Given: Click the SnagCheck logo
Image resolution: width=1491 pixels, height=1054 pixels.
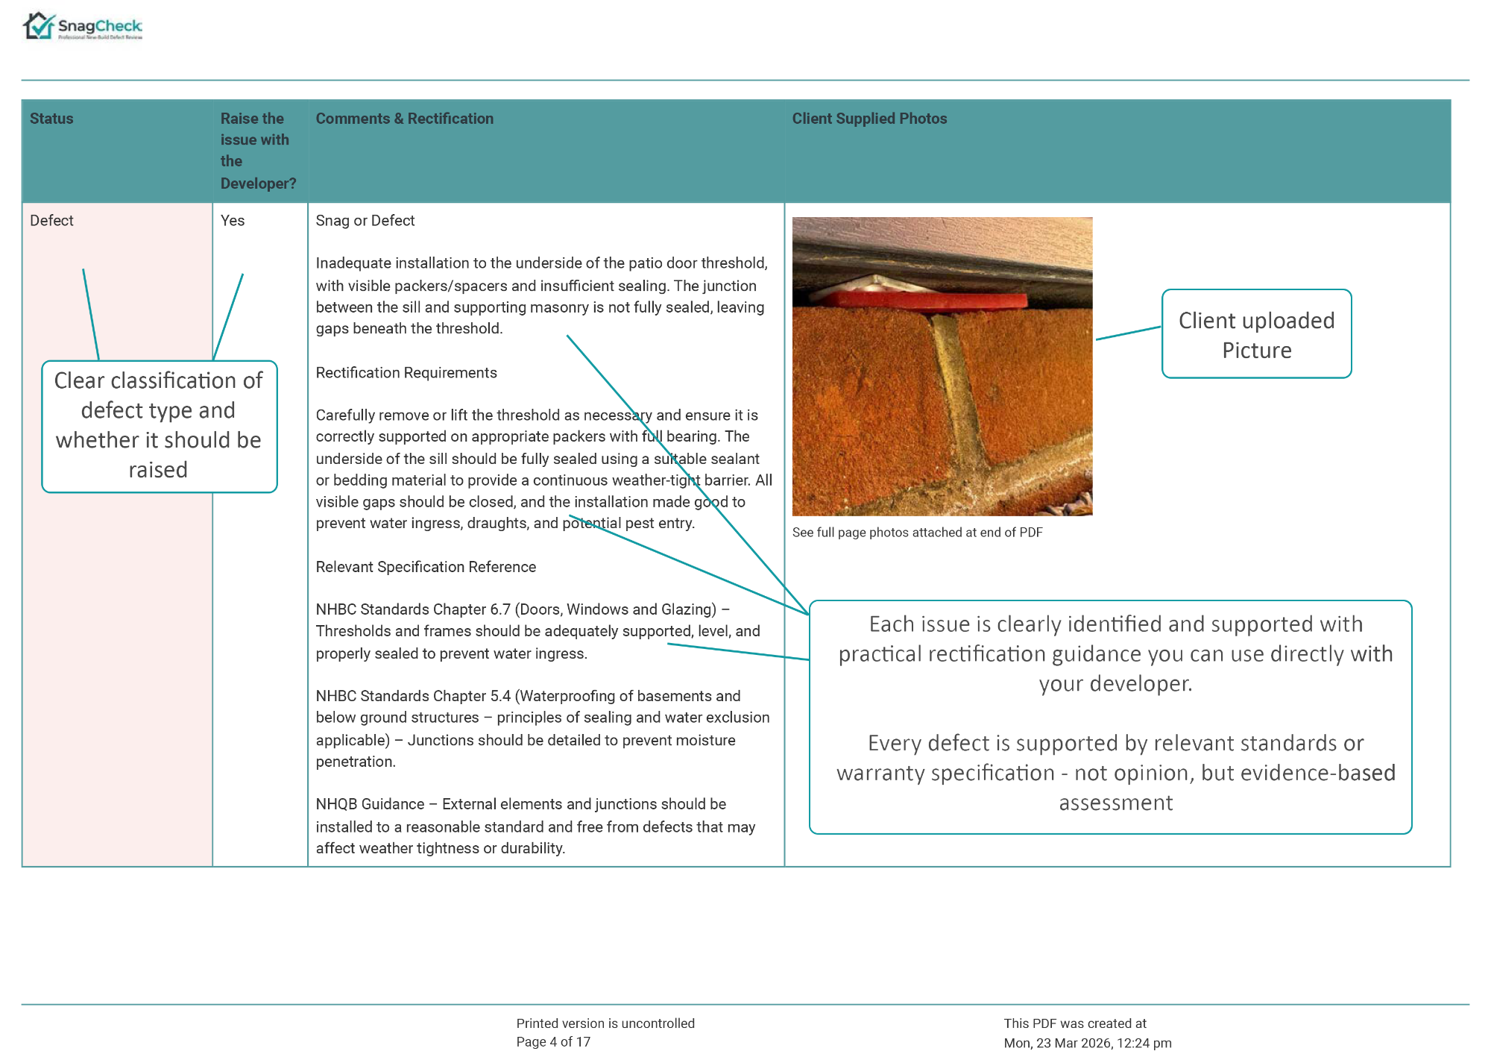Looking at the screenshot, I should (82, 26).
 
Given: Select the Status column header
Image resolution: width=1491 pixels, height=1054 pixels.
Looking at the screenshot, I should (51, 119).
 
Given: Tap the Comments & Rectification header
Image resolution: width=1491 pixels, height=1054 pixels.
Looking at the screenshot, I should (404, 119).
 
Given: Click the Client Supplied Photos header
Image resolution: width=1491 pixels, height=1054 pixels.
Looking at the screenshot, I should (869, 119).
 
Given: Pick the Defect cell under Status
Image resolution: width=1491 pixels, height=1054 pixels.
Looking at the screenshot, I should (51, 221).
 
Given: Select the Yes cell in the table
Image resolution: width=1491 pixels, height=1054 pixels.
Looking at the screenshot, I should (233, 221).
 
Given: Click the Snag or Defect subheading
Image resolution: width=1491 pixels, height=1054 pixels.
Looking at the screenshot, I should (365, 221).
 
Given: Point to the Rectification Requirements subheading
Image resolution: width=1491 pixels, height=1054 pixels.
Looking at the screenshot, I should (406, 373).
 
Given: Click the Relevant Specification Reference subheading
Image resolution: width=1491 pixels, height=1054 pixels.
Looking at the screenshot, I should (426, 567).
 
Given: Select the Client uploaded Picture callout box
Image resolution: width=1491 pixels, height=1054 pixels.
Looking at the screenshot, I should (1256, 334).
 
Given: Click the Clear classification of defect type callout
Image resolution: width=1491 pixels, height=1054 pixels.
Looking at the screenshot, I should (159, 426).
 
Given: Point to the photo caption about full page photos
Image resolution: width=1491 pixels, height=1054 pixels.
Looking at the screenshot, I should (917, 533).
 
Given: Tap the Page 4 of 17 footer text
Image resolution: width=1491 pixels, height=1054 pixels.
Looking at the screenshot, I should (553, 1042).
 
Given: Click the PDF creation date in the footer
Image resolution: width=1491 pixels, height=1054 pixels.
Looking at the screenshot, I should (1088, 1043).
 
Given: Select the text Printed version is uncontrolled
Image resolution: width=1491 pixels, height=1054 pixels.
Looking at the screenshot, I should (605, 1023).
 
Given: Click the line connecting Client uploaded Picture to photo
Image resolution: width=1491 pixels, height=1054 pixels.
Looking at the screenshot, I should (1128, 333).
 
